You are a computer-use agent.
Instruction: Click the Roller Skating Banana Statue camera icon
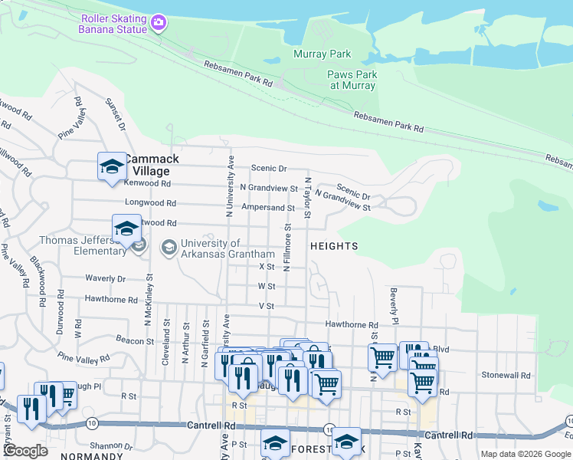pos(159,23)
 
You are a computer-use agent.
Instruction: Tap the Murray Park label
pos(323,54)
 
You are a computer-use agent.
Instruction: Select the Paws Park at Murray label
pos(352,80)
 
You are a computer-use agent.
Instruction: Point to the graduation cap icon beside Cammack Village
pos(111,166)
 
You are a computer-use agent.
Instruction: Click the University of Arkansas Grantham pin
pos(169,248)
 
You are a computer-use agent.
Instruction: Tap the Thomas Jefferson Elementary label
pos(83,245)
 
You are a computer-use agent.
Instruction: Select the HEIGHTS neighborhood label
pos(334,246)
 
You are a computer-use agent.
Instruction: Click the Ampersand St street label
pos(268,208)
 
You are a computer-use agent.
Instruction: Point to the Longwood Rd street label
pos(151,204)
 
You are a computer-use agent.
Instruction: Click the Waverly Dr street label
pos(105,279)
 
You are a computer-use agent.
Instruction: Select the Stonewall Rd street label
pos(506,376)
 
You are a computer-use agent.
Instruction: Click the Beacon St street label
pos(116,340)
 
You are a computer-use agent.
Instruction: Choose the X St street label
pos(267,266)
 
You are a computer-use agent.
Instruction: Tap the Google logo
pos(26,451)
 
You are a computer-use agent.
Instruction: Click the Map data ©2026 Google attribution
pos(526,454)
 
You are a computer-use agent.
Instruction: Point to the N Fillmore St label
pos(287,247)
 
